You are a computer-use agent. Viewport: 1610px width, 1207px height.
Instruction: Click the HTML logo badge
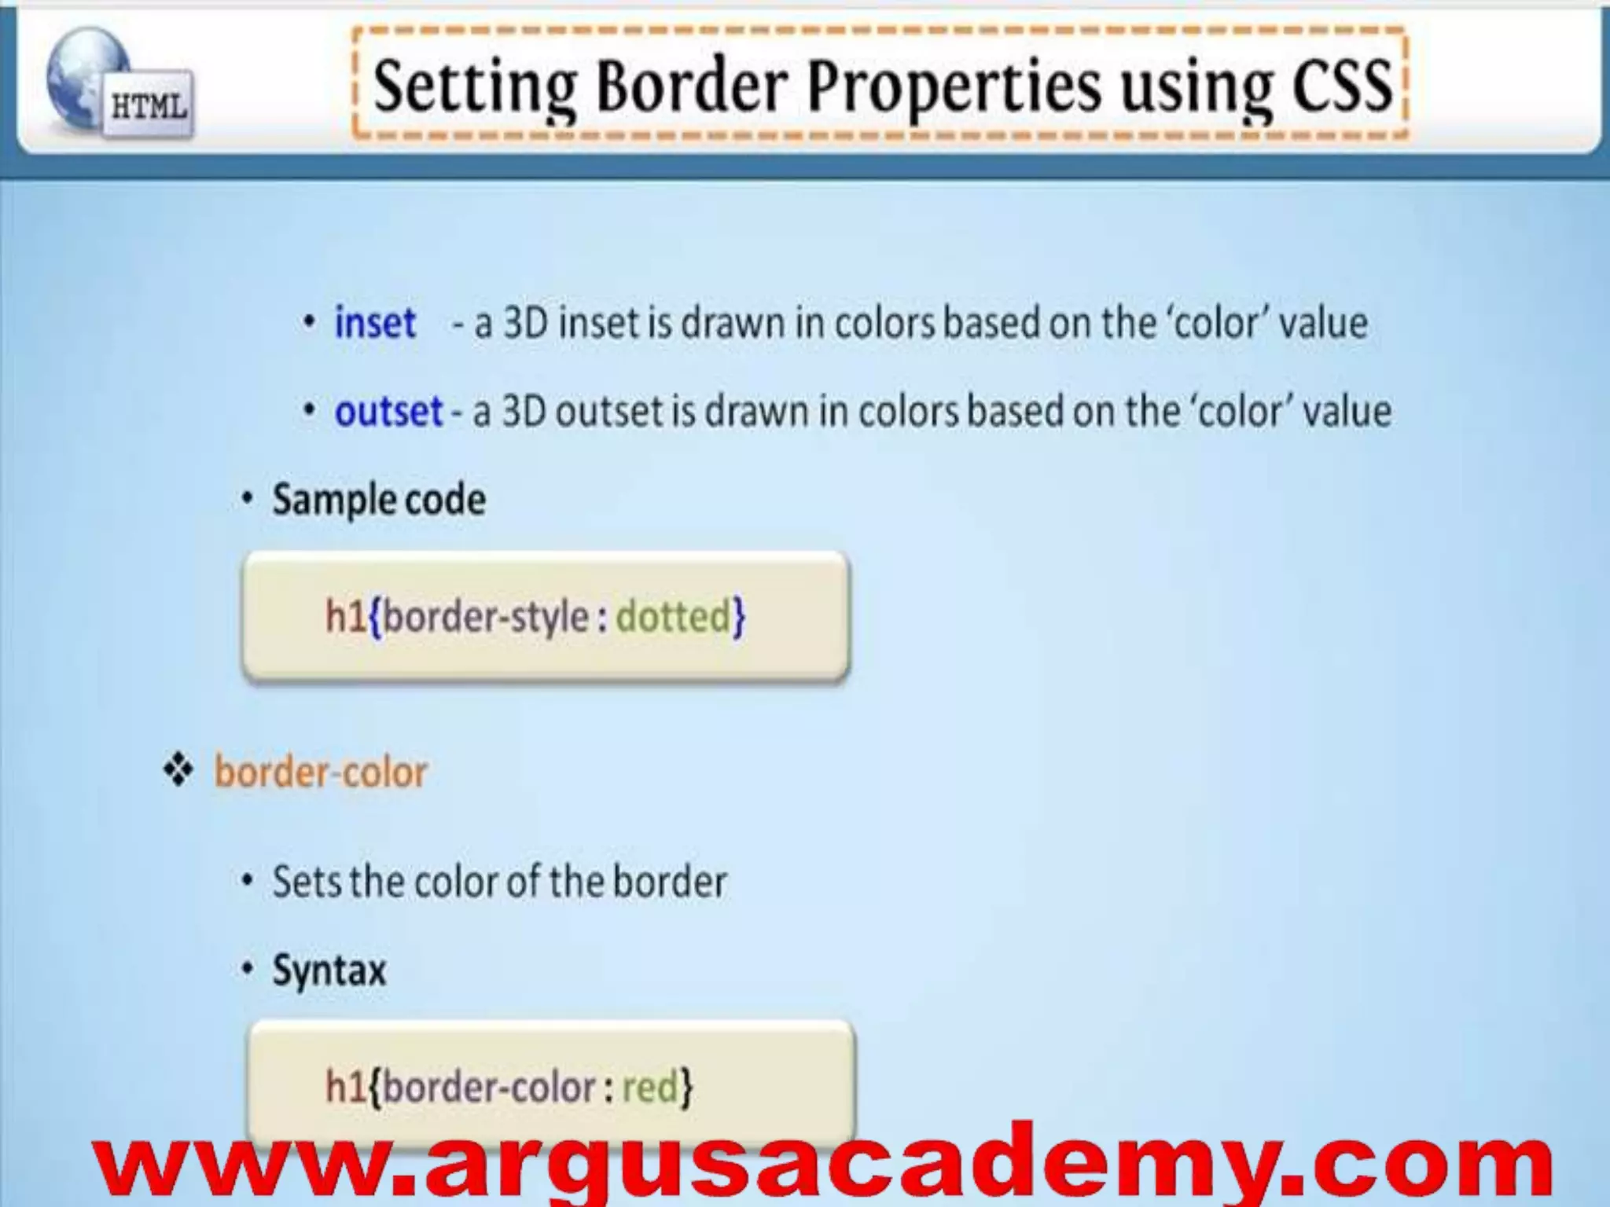click(149, 106)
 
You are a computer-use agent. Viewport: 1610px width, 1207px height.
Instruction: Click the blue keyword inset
click(375, 323)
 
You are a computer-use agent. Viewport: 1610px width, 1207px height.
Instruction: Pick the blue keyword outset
click(388, 411)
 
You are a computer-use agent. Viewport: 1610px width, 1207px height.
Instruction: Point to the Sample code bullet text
click(379, 500)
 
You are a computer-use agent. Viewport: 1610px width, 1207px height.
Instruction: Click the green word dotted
click(673, 616)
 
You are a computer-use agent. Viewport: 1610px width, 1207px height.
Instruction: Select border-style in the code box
click(486, 617)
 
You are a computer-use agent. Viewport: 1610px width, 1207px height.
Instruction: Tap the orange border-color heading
click(321, 772)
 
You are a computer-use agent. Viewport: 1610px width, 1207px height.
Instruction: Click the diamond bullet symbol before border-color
click(178, 771)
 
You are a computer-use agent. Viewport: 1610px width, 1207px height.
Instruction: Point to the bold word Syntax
click(329, 970)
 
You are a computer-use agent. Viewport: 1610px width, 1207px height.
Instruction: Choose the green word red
click(649, 1088)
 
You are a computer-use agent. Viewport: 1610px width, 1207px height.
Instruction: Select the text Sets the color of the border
click(499, 882)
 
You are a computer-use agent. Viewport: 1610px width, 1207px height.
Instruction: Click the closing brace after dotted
click(739, 617)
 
